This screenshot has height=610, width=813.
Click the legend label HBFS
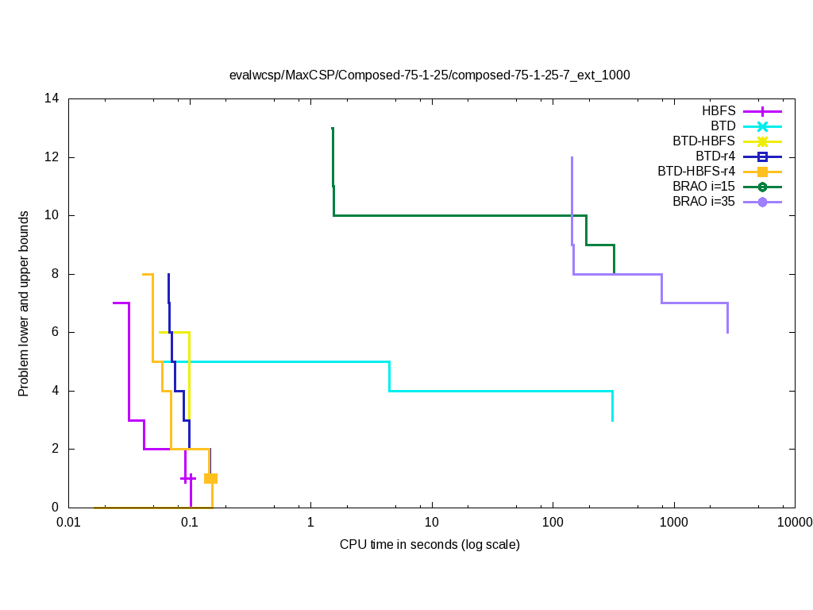click(x=719, y=110)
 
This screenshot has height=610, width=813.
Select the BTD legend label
click(x=723, y=125)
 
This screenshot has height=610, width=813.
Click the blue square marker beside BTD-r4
click(x=762, y=156)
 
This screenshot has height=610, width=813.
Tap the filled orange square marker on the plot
click(x=210, y=478)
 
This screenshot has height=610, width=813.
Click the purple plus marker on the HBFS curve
click(x=187, y=478)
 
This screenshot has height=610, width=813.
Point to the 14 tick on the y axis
click(x=52, y=99)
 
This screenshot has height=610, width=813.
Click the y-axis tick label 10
click(x=52, y=215)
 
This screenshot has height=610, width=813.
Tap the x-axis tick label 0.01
click(x=68, y=523)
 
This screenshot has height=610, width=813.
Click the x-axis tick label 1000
click(x=673, y=523)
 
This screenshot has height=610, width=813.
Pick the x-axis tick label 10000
click(x=794, y=523)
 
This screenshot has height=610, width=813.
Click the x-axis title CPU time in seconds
click(x=430, y=545)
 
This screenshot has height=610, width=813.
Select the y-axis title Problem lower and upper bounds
click(x=25, y=303)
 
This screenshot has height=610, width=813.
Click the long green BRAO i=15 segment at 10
click(x=460, y=215)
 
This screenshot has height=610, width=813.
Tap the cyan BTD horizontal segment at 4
click(x=500, y=391)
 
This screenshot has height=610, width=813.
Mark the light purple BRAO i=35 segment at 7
click(x=695, y=303)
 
